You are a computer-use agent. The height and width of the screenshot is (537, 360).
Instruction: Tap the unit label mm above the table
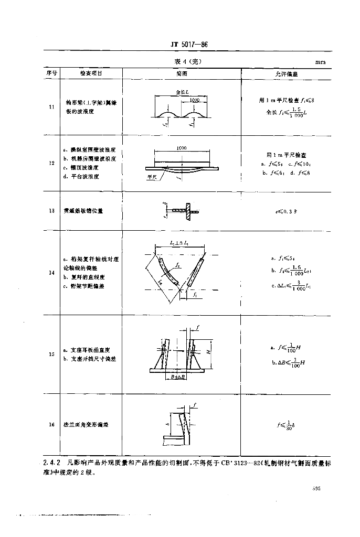320,62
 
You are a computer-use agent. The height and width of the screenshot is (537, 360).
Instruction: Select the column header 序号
51,74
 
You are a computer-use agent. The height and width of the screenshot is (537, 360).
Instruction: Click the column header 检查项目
91,74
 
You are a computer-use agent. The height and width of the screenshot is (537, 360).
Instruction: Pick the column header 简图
182,74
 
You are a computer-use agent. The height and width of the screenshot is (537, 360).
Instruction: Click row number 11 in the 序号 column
51,108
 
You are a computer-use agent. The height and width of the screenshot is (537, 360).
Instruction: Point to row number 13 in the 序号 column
51,211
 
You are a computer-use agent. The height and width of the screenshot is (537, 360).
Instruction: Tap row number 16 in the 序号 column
51,425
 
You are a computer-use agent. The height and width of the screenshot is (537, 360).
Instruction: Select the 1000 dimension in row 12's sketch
182,148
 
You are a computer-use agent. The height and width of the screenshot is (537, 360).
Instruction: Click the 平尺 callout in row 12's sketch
152,177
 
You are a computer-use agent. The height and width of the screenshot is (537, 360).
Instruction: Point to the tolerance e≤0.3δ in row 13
287,211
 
